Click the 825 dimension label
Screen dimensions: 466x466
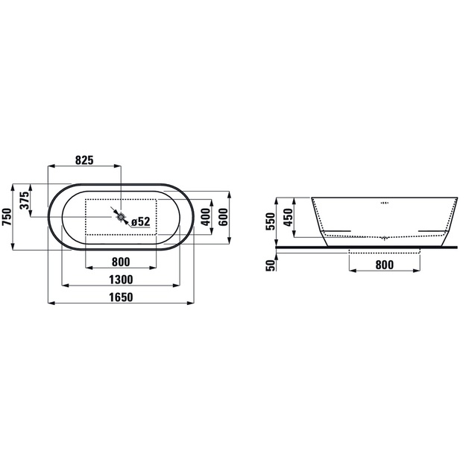(84, 160)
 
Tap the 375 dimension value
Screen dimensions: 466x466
(25, 201)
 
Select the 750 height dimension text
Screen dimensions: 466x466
(7, 217)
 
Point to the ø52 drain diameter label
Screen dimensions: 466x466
(141, 221)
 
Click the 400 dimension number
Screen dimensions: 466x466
(207, 217)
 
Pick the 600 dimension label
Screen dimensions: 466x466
(224, 217)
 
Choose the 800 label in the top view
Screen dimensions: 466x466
(121, 262)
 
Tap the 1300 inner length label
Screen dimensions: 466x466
(121, 280)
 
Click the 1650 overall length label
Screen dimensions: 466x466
(121, 297)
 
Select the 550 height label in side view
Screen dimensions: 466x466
(271, 221)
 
